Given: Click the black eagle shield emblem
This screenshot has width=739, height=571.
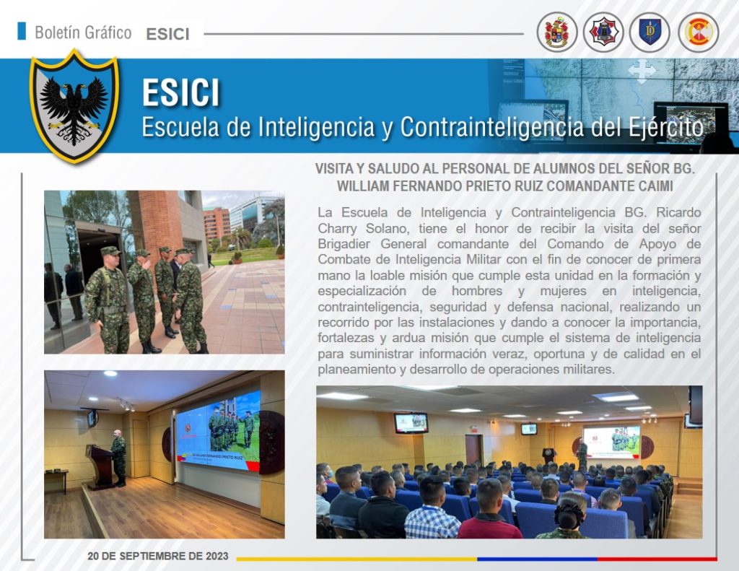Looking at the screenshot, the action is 74,107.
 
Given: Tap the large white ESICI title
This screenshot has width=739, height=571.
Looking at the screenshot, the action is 181,92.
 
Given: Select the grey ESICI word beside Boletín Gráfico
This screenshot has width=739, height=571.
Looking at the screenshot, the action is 167,34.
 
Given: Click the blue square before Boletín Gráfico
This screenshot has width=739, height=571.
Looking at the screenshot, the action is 21,30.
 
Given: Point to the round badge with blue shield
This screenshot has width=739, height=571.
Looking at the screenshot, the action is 650,32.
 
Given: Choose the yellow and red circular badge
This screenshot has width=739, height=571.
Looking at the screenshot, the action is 698,32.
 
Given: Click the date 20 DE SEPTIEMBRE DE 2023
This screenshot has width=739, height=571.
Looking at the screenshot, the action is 158,556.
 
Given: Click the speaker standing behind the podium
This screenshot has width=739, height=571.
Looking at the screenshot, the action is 118,458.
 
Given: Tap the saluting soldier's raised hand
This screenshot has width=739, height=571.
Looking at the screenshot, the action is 147,262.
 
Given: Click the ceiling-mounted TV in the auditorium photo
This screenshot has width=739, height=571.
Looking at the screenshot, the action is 411,422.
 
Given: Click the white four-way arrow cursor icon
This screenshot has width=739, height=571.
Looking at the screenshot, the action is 642,71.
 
